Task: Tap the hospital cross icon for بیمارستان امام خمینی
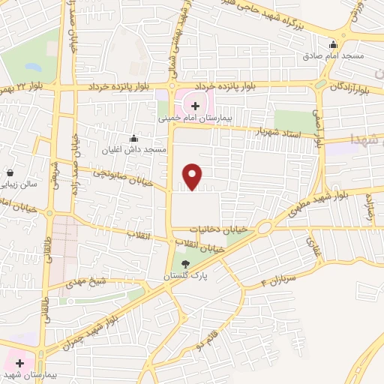[x=195, y=106]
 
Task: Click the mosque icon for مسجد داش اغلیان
[x=134, y=138]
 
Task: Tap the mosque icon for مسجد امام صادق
[x=334, y=43]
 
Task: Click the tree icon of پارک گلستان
[x=185, y=263]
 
